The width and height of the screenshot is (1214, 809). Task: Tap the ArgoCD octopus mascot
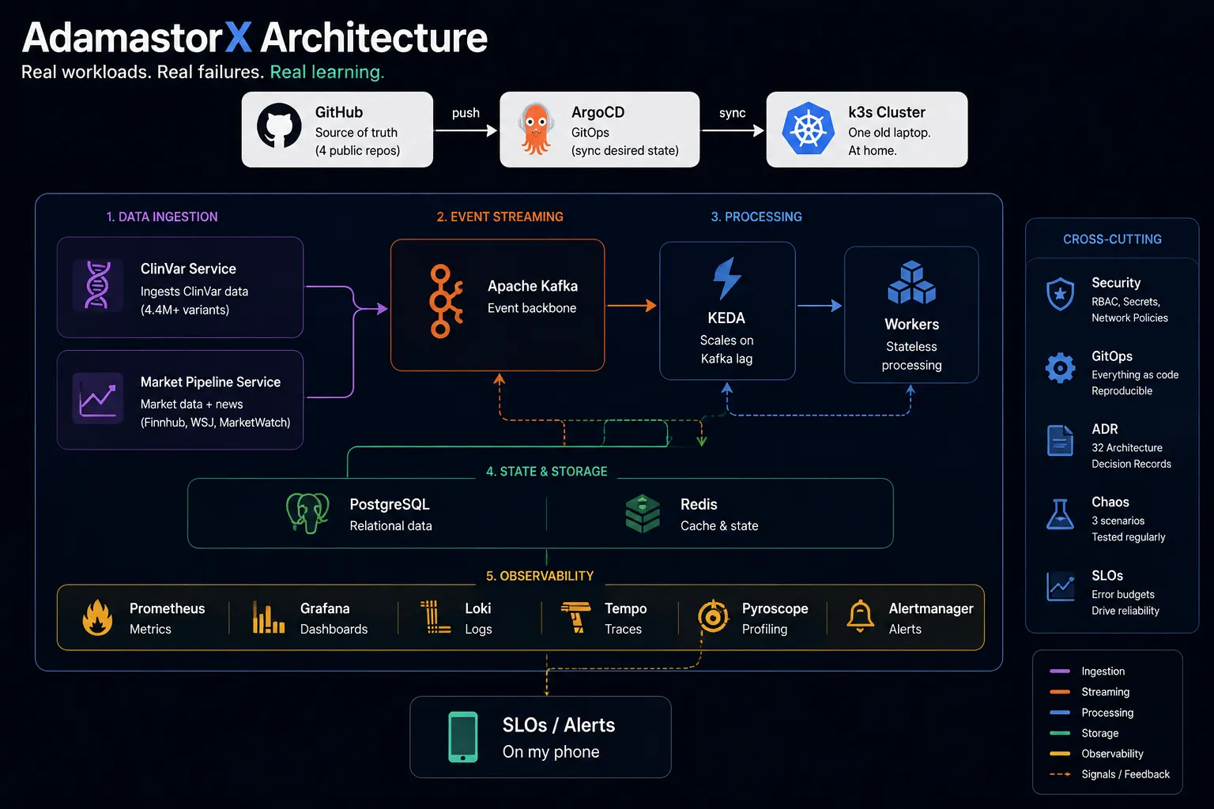coord(536,129)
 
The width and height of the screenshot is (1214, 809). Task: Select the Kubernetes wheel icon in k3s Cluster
coord(808,129)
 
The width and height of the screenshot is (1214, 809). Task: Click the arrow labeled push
coord(466,130)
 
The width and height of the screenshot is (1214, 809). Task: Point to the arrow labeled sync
coord(733,130)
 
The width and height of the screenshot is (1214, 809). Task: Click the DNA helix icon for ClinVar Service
coord(97,285)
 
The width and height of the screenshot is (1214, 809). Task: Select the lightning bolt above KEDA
coord(727,279)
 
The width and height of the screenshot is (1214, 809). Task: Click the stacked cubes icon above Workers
coord(911,282)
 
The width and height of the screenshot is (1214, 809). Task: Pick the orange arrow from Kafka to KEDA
coord(632,306)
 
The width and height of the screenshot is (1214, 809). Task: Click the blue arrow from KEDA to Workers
coord(820,306)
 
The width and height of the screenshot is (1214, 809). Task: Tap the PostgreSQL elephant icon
coord(307,513)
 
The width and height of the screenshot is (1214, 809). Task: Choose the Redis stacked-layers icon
coord(643,514)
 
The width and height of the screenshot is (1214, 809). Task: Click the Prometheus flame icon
coord(97,617)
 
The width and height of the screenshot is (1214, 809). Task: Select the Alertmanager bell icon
coord(860,616)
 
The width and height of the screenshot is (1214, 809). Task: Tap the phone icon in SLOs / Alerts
coord(463,737)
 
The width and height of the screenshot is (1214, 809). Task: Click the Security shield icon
coord(1060,294)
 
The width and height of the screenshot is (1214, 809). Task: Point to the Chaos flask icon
coord(1060,514)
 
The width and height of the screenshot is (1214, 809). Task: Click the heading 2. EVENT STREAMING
coord(500,216)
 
